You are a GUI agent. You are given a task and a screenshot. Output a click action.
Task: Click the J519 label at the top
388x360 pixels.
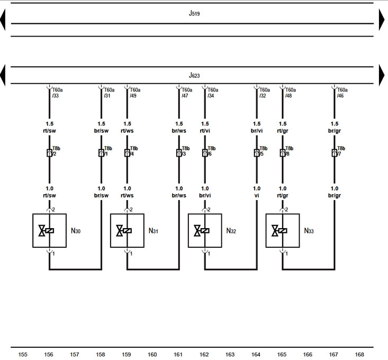[194, 14]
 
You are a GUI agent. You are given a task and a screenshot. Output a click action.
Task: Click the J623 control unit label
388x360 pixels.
[194, 76]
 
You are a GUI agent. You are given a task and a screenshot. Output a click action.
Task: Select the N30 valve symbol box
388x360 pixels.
[49, 230]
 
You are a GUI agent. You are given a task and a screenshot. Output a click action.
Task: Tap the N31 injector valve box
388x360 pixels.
[127, 230]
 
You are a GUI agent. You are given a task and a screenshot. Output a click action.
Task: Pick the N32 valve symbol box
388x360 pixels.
[205, 230]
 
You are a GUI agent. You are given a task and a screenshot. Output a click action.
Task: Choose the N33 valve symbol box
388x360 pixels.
[283, 230]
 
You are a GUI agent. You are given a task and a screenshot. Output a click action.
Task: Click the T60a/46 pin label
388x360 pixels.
[343, 93]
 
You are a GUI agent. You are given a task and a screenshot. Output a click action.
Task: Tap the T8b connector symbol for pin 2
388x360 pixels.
[49, 153]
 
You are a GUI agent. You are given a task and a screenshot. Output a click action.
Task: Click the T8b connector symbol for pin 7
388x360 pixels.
[334, 153]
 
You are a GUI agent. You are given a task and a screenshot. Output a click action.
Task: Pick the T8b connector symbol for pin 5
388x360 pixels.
[257, 153]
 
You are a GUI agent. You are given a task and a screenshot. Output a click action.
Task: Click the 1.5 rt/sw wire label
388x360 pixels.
[49, 127]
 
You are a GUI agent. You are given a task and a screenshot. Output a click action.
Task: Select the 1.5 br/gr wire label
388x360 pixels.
[334, 127]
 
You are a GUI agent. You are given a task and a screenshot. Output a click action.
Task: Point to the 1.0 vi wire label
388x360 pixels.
[257, 192]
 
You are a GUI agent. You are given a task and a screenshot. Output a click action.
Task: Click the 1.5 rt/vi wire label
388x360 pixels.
[205, 127]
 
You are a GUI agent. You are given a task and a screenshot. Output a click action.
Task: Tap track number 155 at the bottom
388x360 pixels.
[23, 354]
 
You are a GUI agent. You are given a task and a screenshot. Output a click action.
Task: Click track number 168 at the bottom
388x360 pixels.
[359, 354]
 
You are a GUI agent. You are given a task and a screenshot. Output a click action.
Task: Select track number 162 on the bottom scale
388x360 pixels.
[204, 354]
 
